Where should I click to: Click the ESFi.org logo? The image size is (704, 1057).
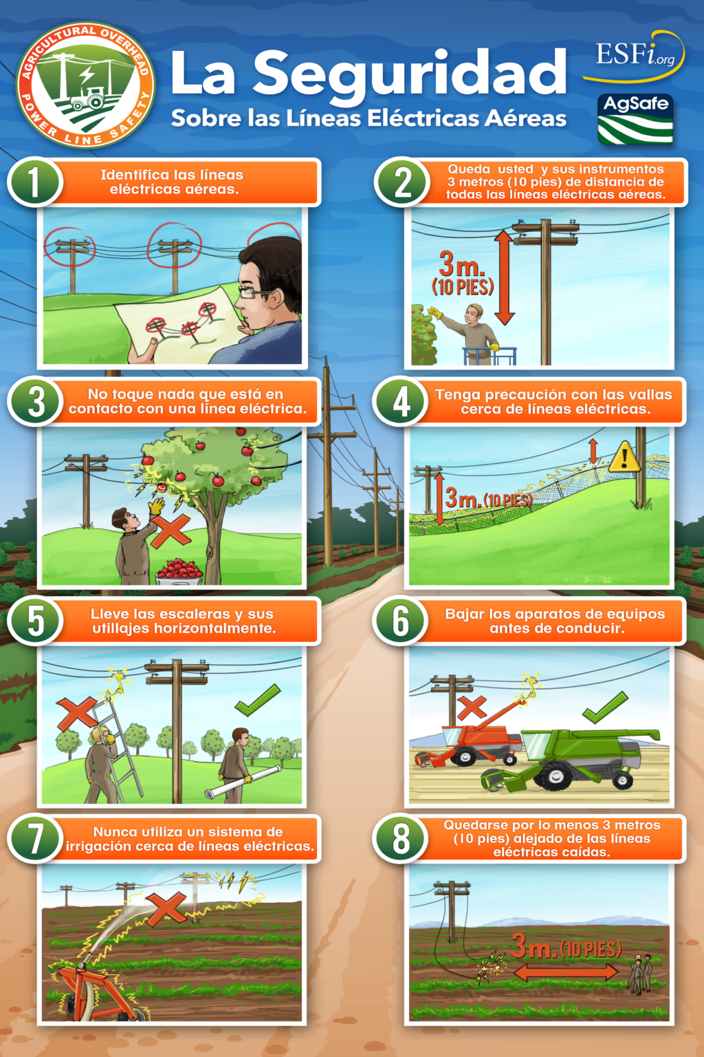pos(634,56)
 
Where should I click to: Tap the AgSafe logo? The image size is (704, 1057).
pos(635,119)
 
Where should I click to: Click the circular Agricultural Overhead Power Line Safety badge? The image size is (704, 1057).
pos(85,85)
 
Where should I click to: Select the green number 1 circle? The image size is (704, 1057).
pos(35,182)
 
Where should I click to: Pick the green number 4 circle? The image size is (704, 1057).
pos(401,402)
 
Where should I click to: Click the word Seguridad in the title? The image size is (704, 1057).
pos(410,74)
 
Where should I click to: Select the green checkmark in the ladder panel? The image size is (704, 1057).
pos(258,700)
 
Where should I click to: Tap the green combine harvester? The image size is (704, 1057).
pos(577,757)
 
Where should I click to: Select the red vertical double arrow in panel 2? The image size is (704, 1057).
pos(504,277)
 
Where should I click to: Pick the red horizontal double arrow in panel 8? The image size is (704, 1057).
pos(565,972)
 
